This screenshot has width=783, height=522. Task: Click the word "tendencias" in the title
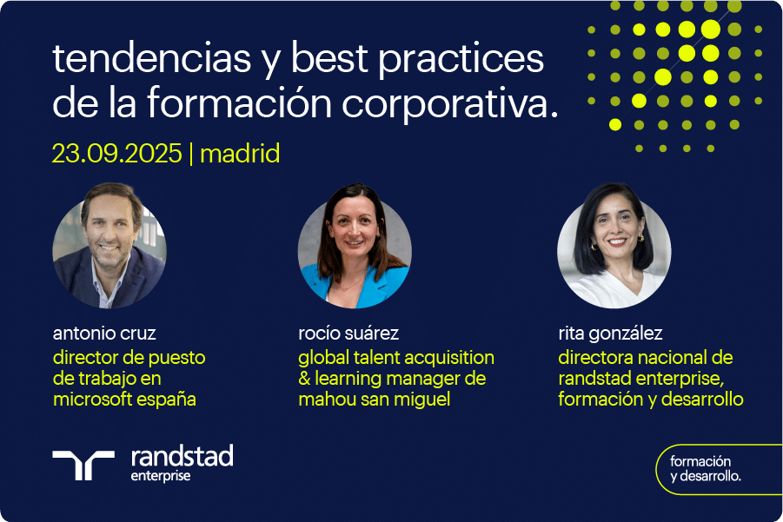[x=151, y=58]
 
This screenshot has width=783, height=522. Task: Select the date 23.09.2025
[x=116, y=153]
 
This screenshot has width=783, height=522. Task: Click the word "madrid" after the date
[x=240, y=153]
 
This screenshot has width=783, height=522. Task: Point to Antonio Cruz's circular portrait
[x=109, y=246]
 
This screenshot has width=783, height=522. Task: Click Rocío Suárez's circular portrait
[x=355, y=246]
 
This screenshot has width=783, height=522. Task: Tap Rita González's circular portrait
[x=614, y=246]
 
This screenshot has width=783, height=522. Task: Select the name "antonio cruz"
[x=104, y=333]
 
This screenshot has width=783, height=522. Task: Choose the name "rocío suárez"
[x=348, y=333]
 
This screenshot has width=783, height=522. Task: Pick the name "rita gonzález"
[x=610, y=334]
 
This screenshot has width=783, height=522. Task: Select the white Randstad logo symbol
[x=83, y=465]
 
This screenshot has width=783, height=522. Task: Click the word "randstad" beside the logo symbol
[x=182, y=456]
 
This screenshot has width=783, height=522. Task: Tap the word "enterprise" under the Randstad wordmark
[x=160, y=476]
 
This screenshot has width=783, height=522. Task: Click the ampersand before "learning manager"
[x=304, y=379]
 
